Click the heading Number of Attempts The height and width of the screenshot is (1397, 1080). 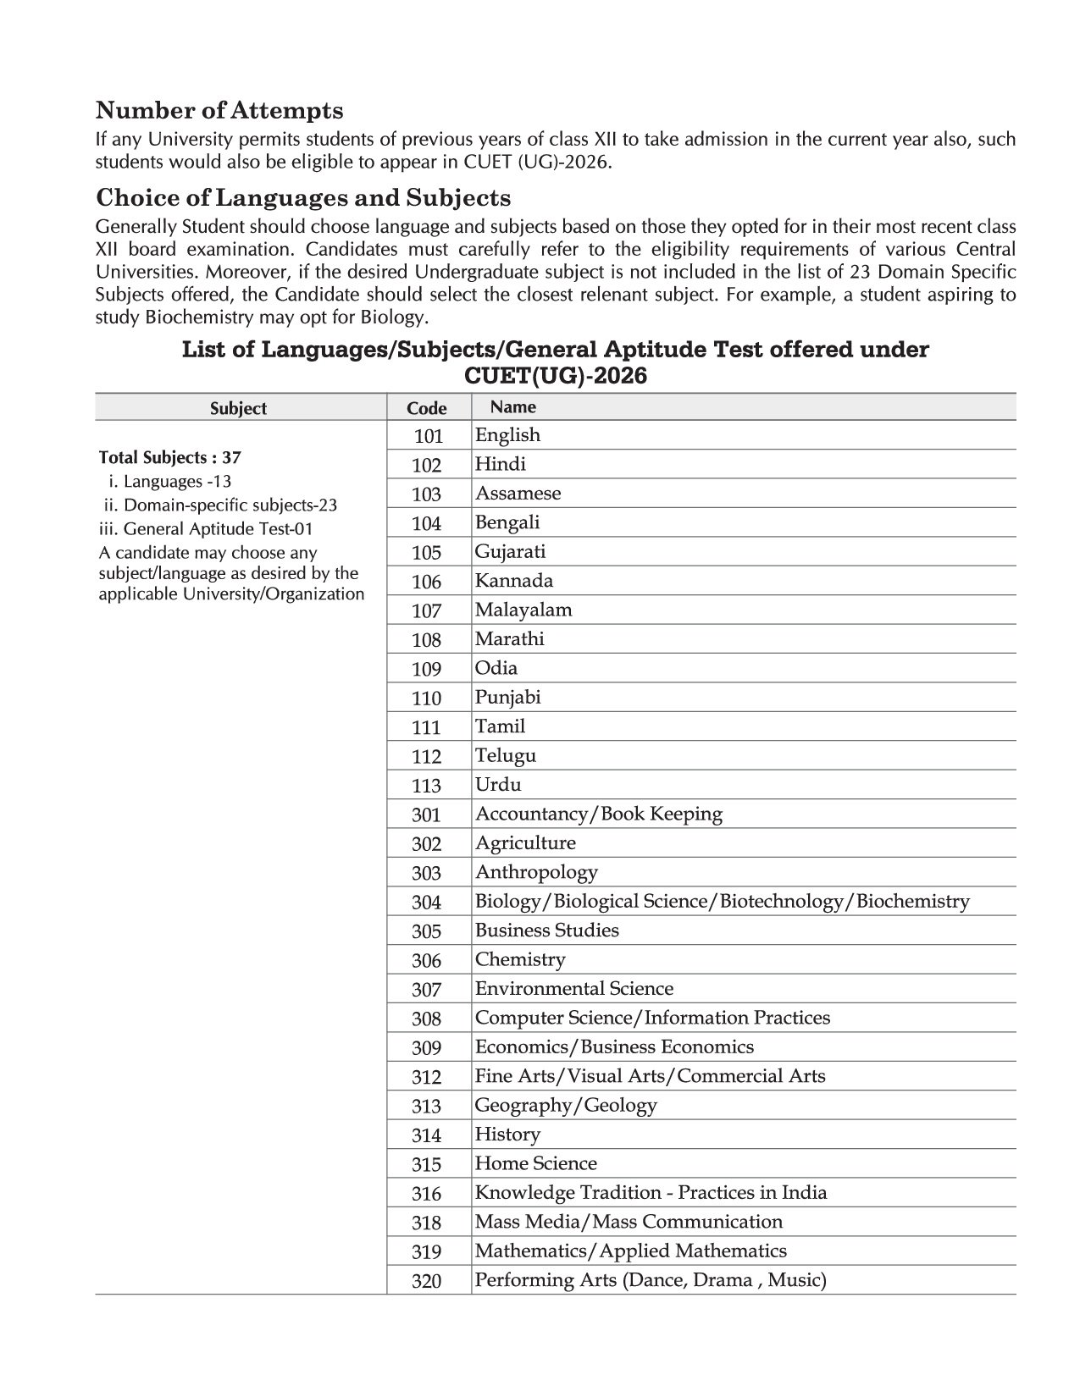[x=219, y=111]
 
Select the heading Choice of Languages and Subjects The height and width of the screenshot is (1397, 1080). [x=303, y=198]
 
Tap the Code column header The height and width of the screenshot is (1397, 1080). [x=426, y=408]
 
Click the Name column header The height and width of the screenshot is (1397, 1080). [x=513, y=407]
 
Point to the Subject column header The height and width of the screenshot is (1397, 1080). [x=238, y=408]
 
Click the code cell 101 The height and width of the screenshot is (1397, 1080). [x=428, y=436]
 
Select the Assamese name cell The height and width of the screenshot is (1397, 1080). [x=518, y=494]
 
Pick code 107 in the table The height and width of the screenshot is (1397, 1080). [x=426, y=610]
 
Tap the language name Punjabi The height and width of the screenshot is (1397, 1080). [x=507, y=698]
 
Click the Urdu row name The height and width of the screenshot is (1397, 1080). [x=498, y=785]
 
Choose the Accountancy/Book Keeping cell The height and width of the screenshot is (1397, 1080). [x=598, y=814]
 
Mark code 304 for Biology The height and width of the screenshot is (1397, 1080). [x=426, y=903]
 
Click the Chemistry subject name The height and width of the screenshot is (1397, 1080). [x=519, y=960]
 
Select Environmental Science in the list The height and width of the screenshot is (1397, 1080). [x=573, y=989]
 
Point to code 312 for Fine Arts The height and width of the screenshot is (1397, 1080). [x=426, y=1077]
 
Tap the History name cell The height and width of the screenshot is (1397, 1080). [x=507, y=1135]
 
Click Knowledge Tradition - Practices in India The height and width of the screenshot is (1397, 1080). [x=650, y=1193]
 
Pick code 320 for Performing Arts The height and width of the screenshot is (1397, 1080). [x=426, y=1281]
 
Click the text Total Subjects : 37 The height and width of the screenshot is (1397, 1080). [x=169, y=458]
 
